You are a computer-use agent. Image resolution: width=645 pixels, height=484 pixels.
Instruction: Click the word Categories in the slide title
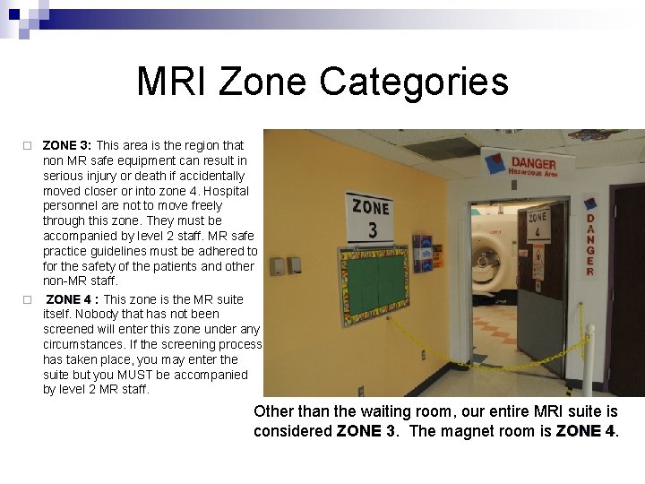413,82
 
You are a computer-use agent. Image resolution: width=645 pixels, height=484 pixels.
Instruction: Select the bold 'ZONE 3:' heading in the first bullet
66,145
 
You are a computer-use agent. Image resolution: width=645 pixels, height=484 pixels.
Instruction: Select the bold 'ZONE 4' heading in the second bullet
69,299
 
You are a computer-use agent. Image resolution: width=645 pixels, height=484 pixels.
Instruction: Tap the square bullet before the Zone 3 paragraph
27,145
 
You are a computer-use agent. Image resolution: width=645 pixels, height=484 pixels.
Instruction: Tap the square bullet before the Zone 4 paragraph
27,299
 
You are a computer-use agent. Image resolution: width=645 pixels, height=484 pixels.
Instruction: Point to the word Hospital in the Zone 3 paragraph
228,191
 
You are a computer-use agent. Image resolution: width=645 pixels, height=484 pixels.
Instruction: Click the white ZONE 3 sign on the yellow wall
370,218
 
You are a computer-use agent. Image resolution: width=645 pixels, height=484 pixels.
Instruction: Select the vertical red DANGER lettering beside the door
590,244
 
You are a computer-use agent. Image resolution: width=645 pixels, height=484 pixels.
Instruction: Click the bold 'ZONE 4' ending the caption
585,431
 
